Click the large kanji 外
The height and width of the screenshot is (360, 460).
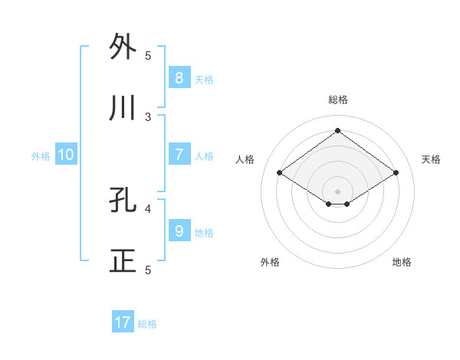click(x=123, y=47)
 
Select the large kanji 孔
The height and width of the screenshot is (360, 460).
click(x=123, y=200)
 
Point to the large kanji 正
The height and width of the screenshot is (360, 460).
click(x=123, y=261)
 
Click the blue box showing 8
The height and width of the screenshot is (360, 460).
click(x=179, y=77)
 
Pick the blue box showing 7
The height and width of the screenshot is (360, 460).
click(x=179, y=154)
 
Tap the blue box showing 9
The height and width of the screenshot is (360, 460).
click(x=179, y=231)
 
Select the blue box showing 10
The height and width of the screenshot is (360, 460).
click(x=66, y=155)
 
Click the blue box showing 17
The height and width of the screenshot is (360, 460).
click(x=123, y=322)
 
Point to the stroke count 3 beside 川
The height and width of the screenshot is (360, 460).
click(x=149, y=116)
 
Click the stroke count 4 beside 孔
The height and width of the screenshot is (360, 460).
click(x=149, y=208)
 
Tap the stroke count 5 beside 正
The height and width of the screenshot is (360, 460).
click(x=149, y=270)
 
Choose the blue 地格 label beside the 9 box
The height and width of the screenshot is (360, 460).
click(x=204, y=232)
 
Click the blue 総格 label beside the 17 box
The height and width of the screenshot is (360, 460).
click(x=147, y=324)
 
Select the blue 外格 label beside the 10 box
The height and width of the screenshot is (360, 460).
click(x=41, y=156)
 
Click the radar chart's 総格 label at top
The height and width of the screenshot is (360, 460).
click(x=337, y=100)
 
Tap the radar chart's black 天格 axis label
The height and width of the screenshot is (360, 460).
click(x=431, y=159)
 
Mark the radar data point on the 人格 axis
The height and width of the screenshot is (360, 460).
click(x=280, y=173)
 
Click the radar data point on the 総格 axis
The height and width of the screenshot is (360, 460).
click(x=337, y=131)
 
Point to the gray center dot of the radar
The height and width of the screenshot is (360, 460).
click(x=337, y=190)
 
